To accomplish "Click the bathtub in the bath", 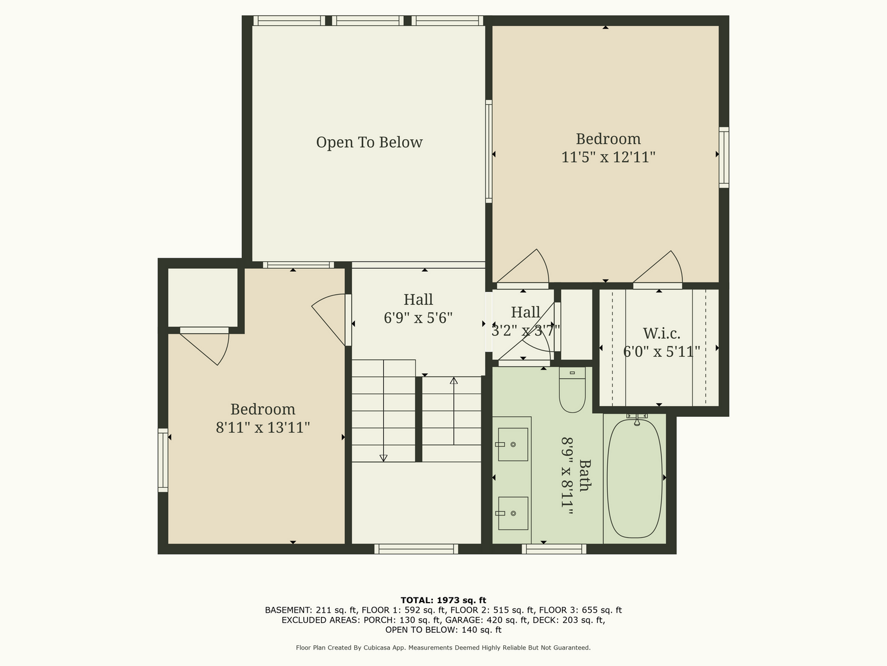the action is click(635, 479).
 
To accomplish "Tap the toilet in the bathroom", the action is click(572, 390).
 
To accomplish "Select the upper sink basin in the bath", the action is click(513, 445).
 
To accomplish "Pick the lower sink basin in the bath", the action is click(513, 513).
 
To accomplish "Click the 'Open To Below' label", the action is click(370, 142).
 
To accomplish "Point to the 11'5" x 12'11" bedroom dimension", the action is click(608, 157).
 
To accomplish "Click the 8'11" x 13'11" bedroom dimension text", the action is click(263, 427).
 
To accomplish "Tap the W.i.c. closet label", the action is click(662, 333).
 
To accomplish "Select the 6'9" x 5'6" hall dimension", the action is click(418, 318).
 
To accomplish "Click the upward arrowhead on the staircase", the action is click(454, 381).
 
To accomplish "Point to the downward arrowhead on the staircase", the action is click(384, 458).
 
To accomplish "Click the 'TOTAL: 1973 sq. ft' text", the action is click(444, 600).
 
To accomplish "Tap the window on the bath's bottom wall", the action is click(553, 549).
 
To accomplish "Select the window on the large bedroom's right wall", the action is click(724, 157).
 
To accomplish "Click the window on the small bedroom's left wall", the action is click(163, 460).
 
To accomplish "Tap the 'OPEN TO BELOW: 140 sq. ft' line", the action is click(444, 630).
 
